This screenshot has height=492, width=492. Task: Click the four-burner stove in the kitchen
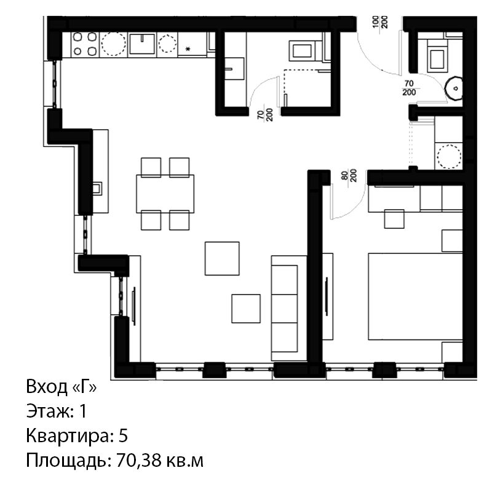pos(85,44)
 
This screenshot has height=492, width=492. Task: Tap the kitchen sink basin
pos(142,44)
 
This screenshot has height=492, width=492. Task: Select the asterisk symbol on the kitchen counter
pos(188,49)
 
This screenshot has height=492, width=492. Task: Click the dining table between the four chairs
pos(165,194)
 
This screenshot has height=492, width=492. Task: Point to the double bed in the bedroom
pos(415,296)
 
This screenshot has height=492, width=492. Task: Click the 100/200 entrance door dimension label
pos(380,22)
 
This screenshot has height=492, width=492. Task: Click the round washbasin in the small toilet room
pos(454,89)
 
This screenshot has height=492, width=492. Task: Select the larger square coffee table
pos(222,258)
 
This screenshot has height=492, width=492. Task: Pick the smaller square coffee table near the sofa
pos(246,309)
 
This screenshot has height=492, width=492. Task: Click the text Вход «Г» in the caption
pos(61,387)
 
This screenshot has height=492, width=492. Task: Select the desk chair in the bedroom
pos(394,219)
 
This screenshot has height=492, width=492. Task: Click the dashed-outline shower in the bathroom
pos(307,88)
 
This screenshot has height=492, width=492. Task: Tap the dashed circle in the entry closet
pos(450,156)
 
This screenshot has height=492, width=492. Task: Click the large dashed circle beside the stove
pos(113,44)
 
